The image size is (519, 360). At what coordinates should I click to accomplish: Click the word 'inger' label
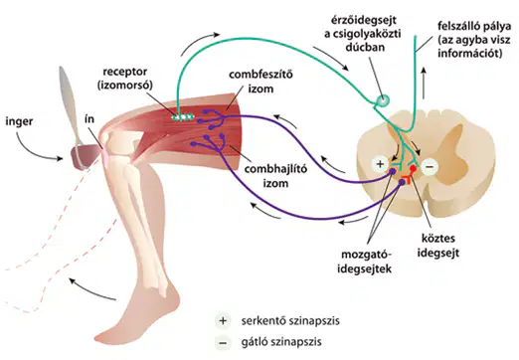click(x=19, y=121)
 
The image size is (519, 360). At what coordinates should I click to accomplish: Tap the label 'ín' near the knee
click(x=89, y=118)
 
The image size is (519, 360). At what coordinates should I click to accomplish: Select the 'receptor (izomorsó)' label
click(x=125, y=79)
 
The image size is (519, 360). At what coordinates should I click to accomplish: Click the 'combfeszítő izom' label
click(x=260, y=82)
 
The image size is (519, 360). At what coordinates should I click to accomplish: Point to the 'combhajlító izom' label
click(x=275, y=176)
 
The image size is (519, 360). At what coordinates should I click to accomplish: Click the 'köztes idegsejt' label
click(x=437, y=246)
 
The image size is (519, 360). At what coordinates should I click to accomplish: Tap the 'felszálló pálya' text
click(x=470, y=26)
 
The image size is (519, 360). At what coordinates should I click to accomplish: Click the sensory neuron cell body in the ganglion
click(x=383, y=99)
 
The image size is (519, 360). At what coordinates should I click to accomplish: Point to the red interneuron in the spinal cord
click(x=410, y=174)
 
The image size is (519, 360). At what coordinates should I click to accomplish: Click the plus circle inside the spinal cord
click(x=380, y=164)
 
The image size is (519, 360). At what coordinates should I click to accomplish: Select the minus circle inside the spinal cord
click(x=430, y=167)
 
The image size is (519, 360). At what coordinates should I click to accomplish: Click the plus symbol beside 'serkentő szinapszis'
click(x=223, y=321)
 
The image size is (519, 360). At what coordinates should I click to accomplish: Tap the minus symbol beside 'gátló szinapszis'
click(x=223, y=342)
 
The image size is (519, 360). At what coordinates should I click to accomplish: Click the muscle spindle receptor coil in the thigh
click(x=182, y=117)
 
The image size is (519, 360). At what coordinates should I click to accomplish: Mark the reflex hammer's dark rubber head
click(x=85, y=157)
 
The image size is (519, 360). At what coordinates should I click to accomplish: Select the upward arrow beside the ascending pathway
click(x=424, y=83)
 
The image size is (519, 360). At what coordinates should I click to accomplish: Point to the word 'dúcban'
click(x=365, y=47)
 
